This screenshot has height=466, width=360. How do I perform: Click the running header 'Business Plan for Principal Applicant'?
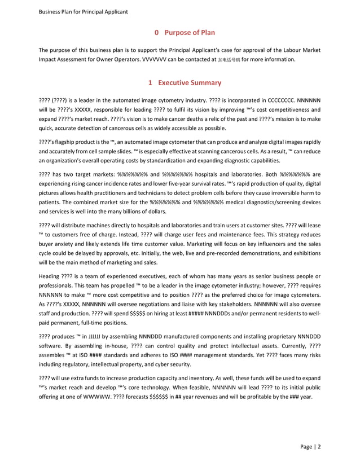point(82,11)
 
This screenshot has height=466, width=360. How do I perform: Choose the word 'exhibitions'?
point(305,256)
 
